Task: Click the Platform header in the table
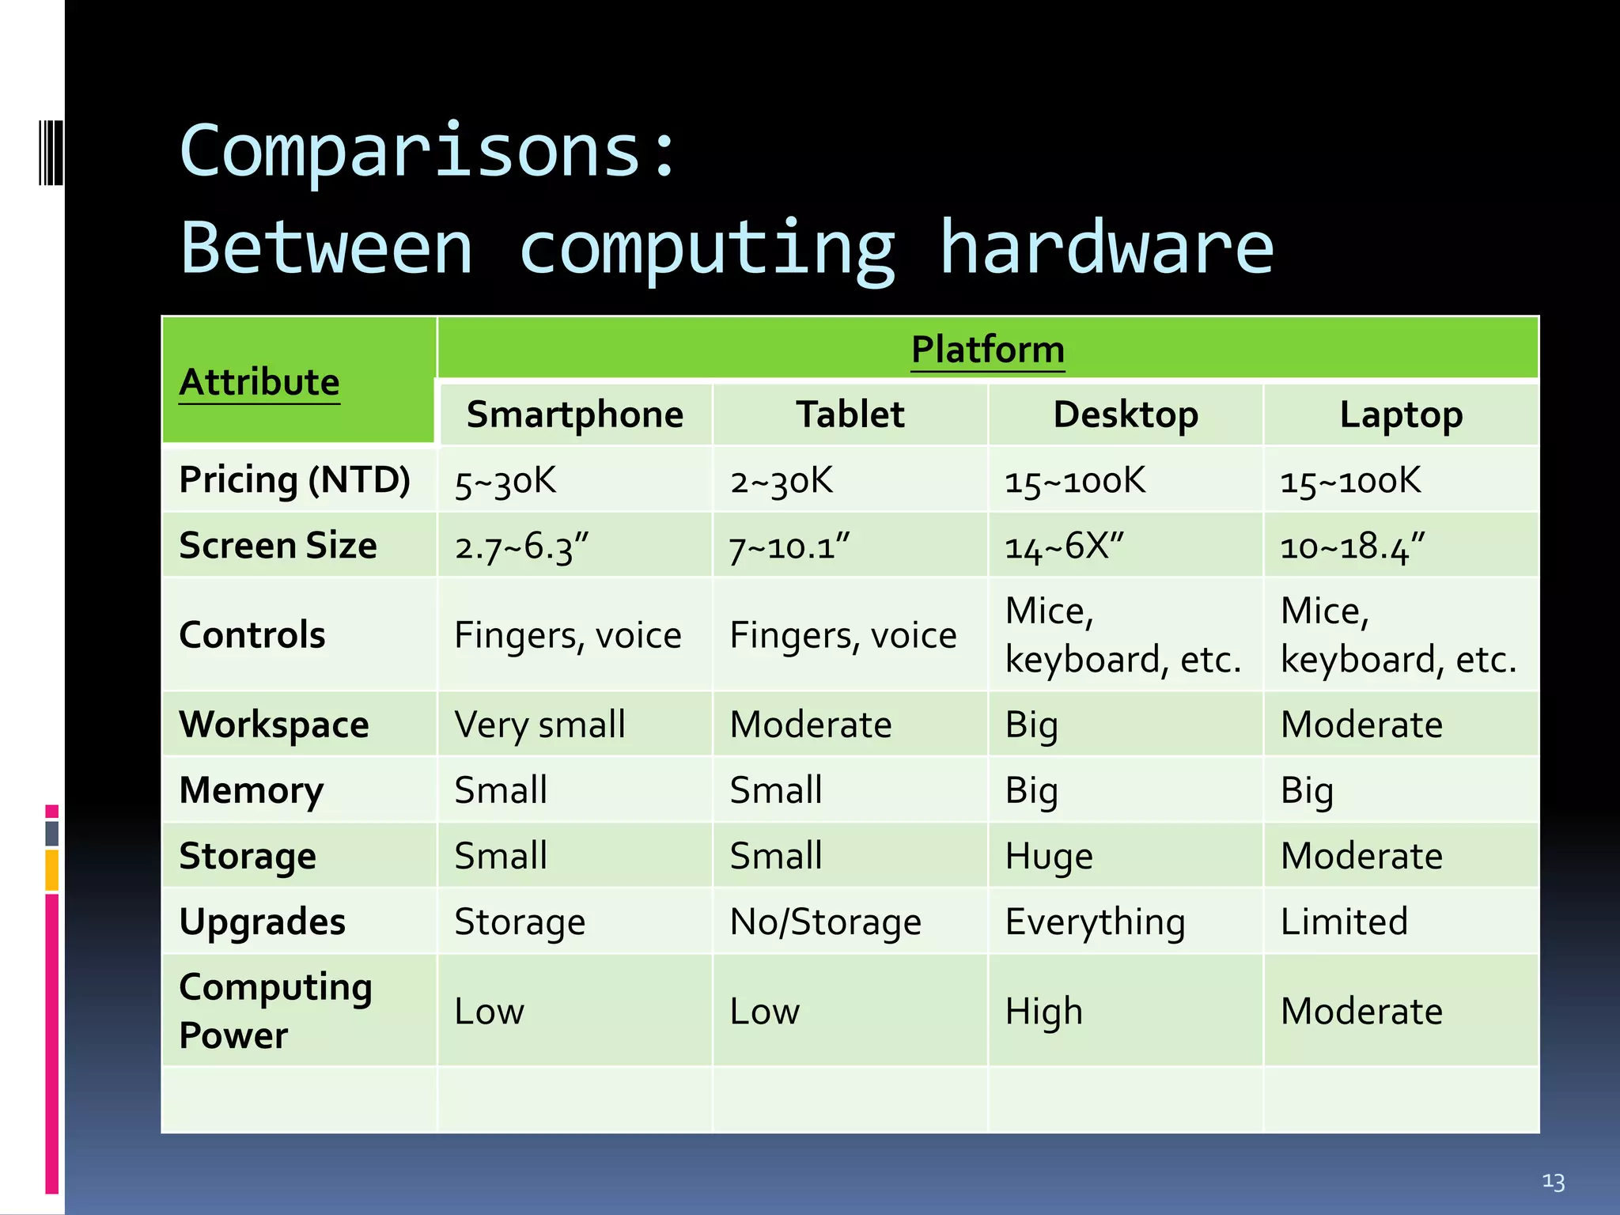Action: pos(987,350)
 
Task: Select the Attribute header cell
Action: pos(259,382)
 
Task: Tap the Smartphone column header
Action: pos(575,414)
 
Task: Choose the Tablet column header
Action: pos(850,414)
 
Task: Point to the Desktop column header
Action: pos(1126,414)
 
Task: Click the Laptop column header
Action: pos(1401,414)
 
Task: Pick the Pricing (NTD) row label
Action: pos(294,479)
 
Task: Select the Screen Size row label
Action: pos(278,545)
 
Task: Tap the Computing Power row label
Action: pos(275,1010)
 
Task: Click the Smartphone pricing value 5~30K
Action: pos(505,481)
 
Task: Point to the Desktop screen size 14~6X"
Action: pos(1064,547)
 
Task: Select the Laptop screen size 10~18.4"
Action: pos(1352,547)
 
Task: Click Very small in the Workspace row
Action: pos(539,725)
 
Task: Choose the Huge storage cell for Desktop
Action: pos(1049,856)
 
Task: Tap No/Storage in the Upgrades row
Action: pos(825,922)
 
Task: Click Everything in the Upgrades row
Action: pos(1095,922)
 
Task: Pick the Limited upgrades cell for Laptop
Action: pos(1344,922)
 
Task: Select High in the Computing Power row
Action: pos(1043,1011)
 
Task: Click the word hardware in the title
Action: pos(1106,248)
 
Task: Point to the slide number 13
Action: pos(1553,1182)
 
